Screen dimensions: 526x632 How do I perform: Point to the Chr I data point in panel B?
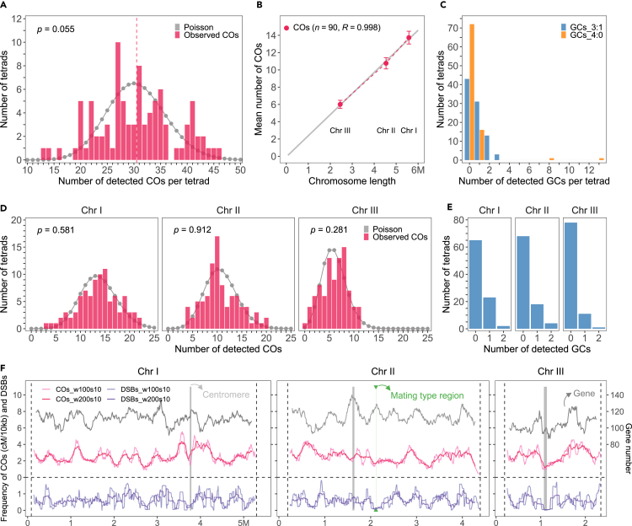tap(409, 38)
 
